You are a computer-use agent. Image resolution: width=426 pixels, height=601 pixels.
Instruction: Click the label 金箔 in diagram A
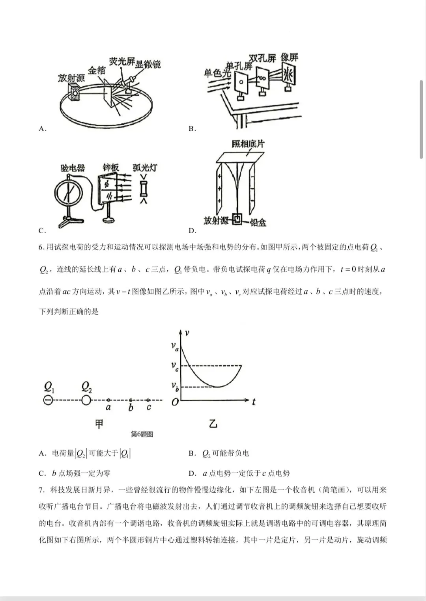click(x=97, y=71)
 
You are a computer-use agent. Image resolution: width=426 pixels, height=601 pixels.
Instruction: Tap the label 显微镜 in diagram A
click(x=148, y=64)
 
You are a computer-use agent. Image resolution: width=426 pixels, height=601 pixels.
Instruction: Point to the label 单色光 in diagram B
click(x=217, y=73)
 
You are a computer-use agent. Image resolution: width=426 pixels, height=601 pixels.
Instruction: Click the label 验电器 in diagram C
click(x=73, y=168)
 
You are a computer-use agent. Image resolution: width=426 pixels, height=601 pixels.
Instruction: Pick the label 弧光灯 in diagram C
click(x=145, y=168)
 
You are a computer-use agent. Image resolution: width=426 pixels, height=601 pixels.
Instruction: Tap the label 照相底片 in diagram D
click(x=248, y=144)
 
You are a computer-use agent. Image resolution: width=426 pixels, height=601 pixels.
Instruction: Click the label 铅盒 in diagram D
click(x=258, y=222)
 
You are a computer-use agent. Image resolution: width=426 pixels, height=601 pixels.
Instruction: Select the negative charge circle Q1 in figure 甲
click(x=48, y=400)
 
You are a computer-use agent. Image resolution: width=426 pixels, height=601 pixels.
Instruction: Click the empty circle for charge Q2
click(x=86, y=400)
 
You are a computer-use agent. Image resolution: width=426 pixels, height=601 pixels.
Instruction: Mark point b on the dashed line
click(x=131, y=400)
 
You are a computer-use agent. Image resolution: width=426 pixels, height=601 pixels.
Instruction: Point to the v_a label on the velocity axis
click(x=175, y=346)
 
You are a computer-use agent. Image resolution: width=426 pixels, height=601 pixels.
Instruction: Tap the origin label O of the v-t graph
click(x=175, y=402)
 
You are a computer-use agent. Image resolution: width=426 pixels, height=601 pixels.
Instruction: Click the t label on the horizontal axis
click(x=254, y=402)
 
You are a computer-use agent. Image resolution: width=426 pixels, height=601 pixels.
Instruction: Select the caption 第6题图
click(x=142, y=434)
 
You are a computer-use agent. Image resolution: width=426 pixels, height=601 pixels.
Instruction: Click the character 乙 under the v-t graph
click(x=213, y=424)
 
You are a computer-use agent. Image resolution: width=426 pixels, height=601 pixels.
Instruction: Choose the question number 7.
click(x=41, y=490)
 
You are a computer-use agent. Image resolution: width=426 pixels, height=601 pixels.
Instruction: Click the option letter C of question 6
click(x=42, y=473)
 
